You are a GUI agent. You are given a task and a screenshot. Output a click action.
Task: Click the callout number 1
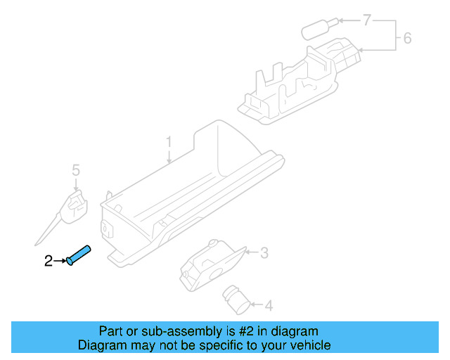click(x=169, y=143)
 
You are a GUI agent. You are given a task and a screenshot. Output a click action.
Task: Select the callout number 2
click(x=48, y=261)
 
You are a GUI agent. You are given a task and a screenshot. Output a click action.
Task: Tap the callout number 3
click(x=264, y=252)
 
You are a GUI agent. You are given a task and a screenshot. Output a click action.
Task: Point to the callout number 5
click(x=76, y=169)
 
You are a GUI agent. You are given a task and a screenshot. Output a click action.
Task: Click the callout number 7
click(x=366, y=20)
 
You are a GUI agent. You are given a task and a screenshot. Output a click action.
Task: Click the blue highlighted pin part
click(x=79, y=254)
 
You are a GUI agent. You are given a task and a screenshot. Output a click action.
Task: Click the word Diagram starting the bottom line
click(x=101, y=345)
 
